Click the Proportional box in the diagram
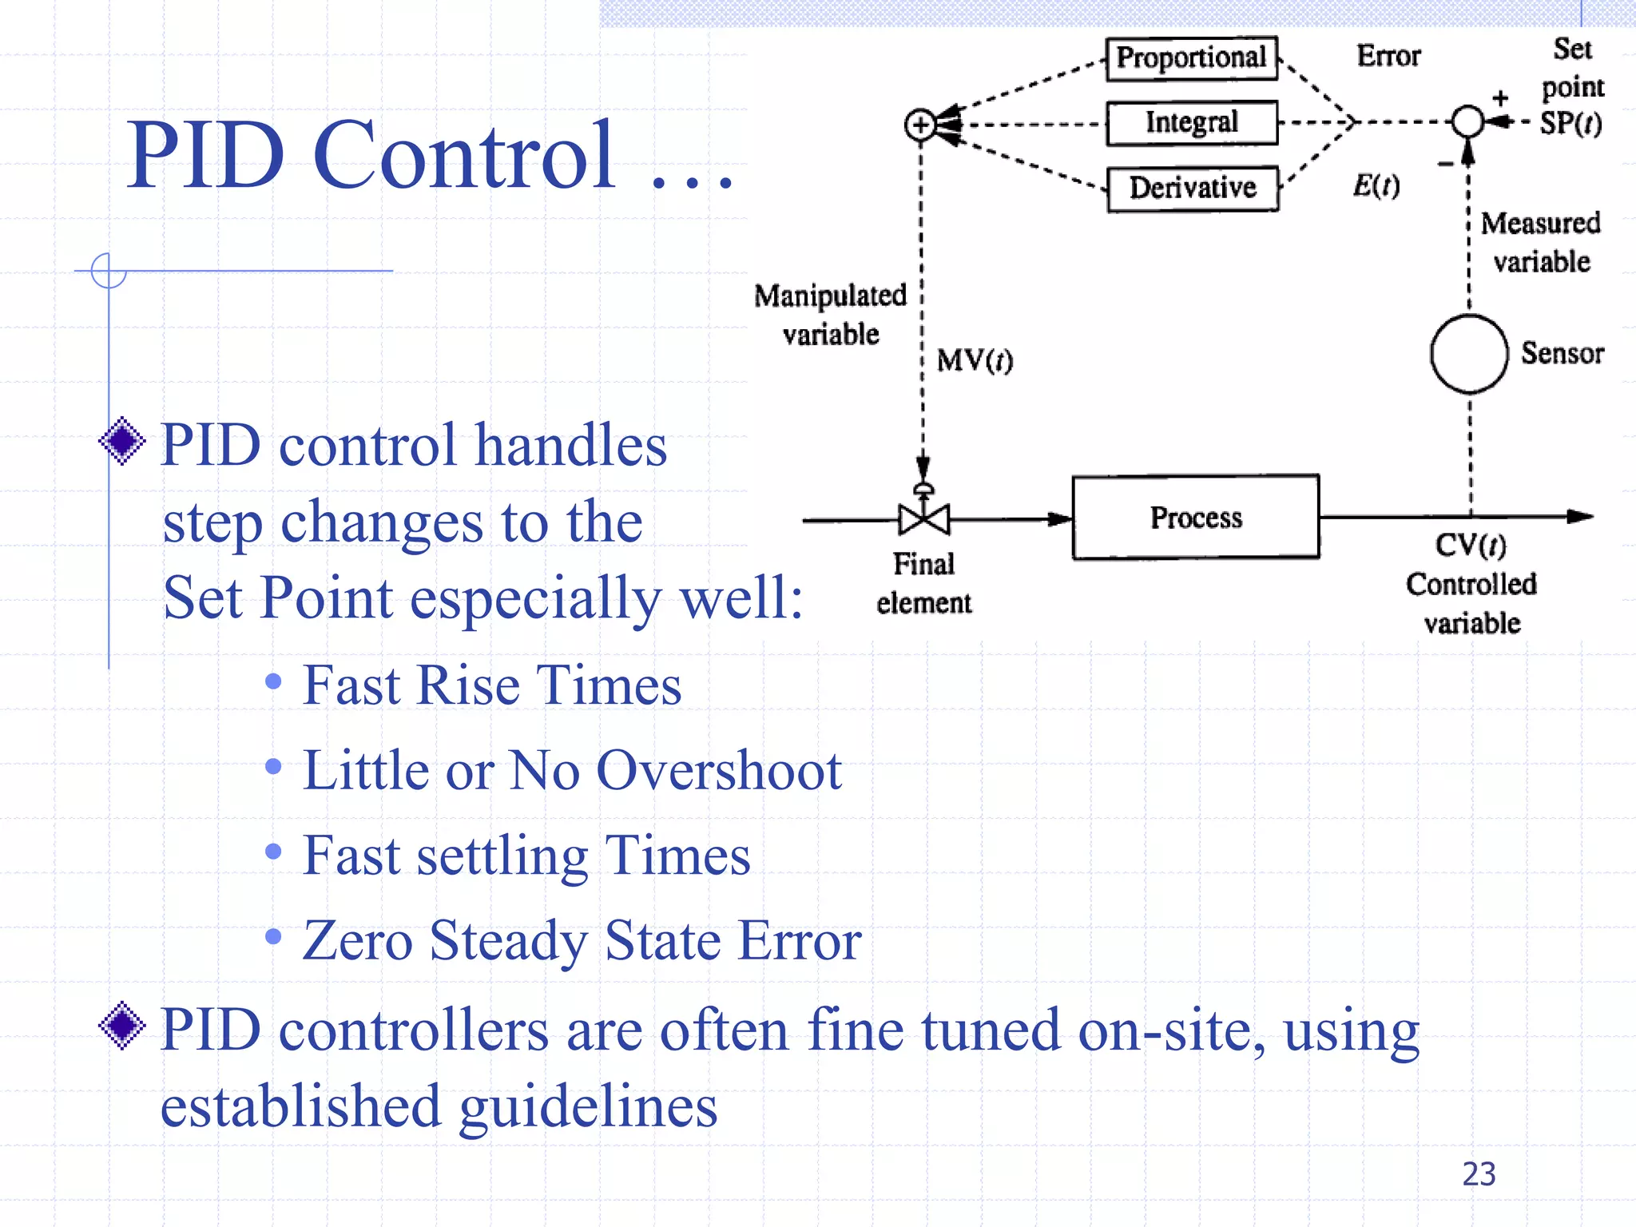1191,58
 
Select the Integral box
1191,123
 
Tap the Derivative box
1192,189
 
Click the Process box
1195,518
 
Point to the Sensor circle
1468,354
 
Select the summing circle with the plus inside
920,125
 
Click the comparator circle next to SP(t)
1467,122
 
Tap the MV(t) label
975,360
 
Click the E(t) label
1376,185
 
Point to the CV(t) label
1470,545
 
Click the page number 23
1478,1174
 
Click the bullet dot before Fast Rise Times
273,681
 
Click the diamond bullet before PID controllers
122,1026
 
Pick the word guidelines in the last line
588,1107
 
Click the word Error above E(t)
1388,56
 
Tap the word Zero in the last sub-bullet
357,940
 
